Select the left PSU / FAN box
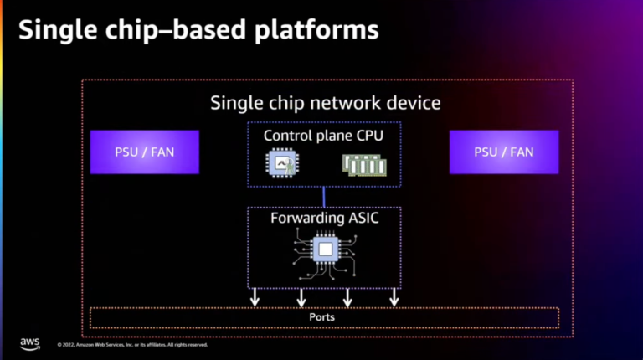point(144,152)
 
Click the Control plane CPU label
point(323,135)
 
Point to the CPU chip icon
point(280,164)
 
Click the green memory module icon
point(363,165)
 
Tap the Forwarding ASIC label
point(323,219)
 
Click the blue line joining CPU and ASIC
point(324,197)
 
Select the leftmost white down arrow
point(255,297)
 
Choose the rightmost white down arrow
point(394,297)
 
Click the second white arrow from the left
point(301,297)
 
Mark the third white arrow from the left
point(347,297)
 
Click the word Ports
point(323,317)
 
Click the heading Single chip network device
point(325,103)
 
